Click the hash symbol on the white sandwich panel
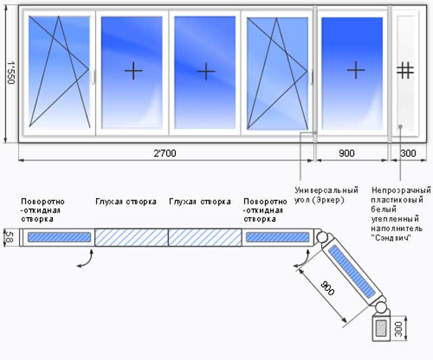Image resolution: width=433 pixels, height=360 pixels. [405, 70]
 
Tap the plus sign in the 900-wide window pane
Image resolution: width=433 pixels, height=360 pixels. [355, 70]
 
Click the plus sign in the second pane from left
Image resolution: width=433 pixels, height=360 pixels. [133, 70]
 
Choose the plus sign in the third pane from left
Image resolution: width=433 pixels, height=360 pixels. [206, 70]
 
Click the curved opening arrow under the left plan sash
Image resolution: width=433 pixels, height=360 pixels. [85, 261]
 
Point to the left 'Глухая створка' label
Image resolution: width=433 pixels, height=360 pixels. [126, 202]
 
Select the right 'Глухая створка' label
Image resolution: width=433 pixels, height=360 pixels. [200, 202]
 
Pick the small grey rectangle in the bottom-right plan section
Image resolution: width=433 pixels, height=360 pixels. [382, 328]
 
